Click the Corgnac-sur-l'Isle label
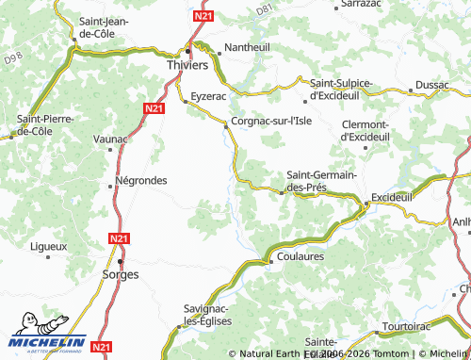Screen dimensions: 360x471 coord(271,121)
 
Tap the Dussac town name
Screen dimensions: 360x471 coord(431,85)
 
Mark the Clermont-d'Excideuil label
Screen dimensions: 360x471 coord(364,131)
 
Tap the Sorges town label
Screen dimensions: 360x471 coord(120,274)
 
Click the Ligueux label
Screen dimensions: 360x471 coord(49,246)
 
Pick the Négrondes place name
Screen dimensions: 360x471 coord(140,180)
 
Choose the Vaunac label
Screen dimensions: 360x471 coord(110,139)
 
